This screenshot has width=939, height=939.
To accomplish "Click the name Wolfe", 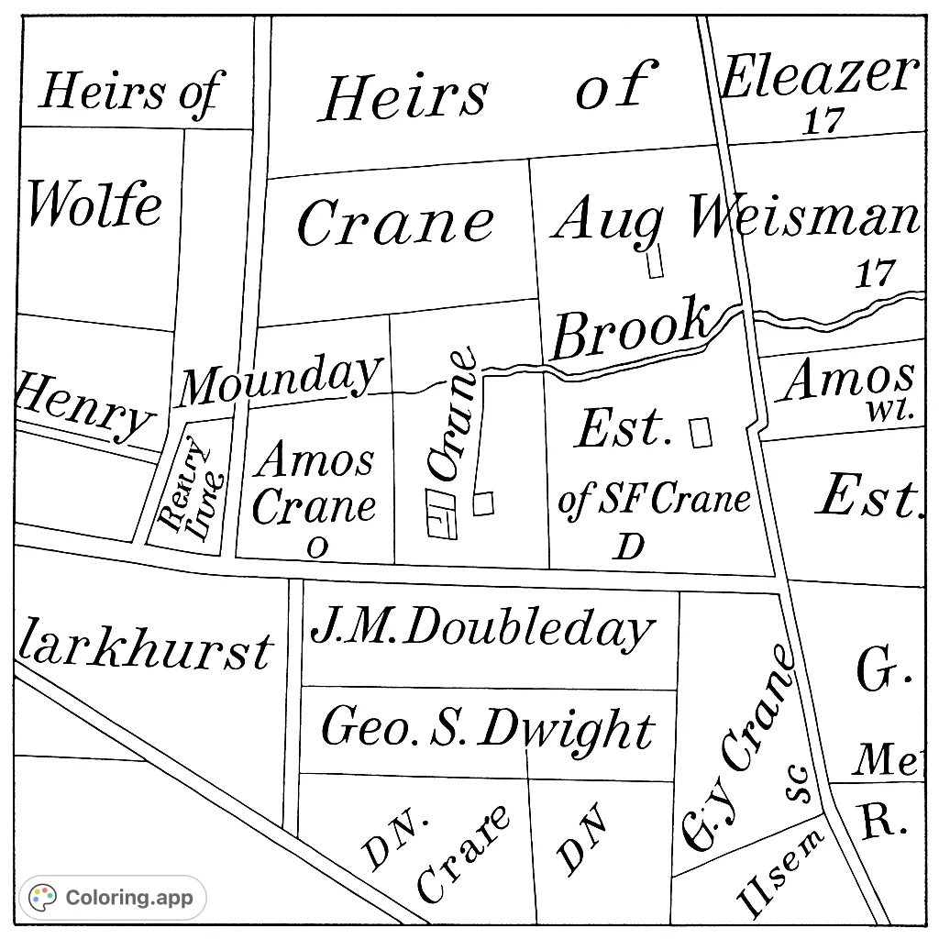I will coord(94,204).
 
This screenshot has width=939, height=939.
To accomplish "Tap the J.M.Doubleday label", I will coord(482,629).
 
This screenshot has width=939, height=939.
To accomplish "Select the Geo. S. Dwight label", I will coord(488,730).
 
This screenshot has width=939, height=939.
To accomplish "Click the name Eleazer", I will coord(819,77).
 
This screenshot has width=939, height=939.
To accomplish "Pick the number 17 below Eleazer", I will coord(823,121).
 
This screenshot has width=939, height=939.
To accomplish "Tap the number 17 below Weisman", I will coord(875,273).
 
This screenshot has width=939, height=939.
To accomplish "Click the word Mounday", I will coord(279,379).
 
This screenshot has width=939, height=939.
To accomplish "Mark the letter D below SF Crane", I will coord(629,547).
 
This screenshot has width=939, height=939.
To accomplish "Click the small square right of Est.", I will coord(701,432).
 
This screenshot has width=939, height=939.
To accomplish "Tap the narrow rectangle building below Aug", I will coord(655,261).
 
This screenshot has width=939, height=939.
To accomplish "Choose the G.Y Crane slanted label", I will coord(737,749).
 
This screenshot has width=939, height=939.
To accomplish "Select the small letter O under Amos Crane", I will coord(316,547).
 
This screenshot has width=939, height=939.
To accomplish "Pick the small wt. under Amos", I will coord(890,410).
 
